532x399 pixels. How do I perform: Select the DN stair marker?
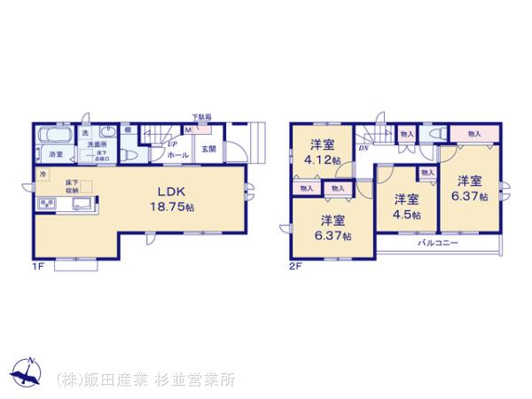click(364, 149)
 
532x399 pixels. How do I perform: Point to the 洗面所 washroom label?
click(96, 144)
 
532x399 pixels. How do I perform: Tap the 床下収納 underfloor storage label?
click(72, 185)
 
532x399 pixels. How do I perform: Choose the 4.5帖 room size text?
click(407, 215)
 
